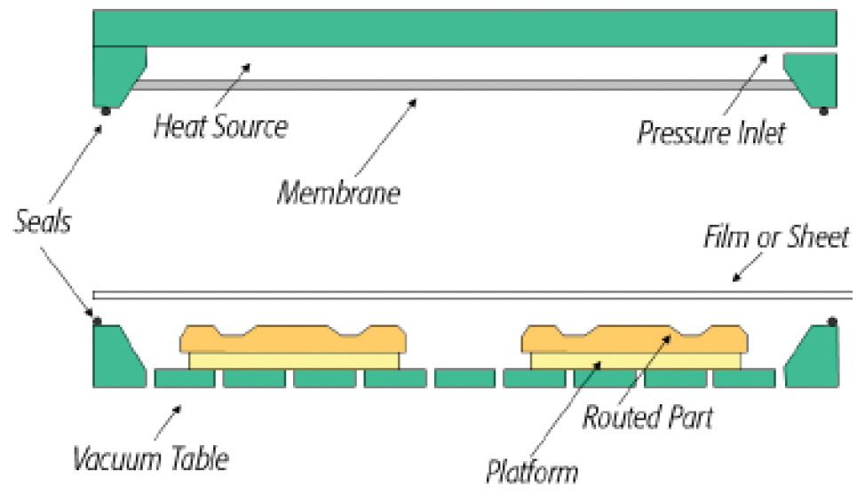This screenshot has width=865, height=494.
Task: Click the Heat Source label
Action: pos(220,126)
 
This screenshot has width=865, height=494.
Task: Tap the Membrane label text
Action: pos(338,192)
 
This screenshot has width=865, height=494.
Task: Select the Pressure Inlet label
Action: pos(711,133)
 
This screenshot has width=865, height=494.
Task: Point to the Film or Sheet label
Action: pos(776,238)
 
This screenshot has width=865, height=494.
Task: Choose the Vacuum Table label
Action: pos(151,458)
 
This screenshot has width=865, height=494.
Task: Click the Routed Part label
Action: pos(647,417)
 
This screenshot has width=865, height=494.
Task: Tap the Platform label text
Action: pos(533,471)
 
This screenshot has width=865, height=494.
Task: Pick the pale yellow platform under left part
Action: pos(294,360)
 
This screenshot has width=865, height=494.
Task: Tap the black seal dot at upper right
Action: pos(823,110)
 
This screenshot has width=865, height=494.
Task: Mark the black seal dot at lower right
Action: pos(832,321)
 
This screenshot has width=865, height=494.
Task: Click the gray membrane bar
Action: pos(462,84)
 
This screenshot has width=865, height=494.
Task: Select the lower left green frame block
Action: pos(115,355)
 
